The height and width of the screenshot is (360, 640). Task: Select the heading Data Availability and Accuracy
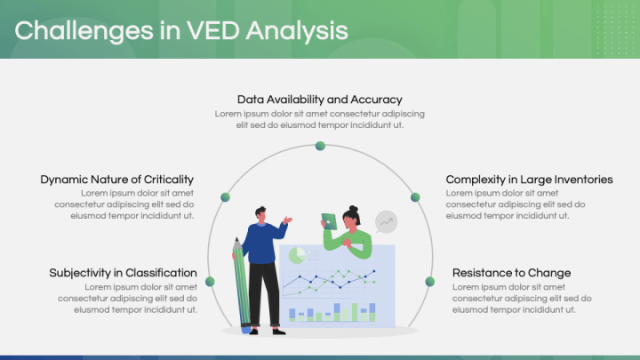coord(320,100)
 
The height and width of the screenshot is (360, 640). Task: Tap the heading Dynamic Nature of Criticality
coord(116,180)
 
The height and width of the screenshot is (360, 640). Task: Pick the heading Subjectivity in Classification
coord(123,273)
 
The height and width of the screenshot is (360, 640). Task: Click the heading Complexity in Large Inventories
coord(529,180)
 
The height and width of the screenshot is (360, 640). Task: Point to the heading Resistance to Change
coord(511,273)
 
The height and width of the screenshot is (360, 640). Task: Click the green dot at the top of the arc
coord(320,146)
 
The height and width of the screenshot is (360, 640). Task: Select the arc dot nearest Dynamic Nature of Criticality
coord(225,196)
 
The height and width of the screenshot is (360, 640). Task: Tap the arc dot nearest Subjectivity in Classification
coord(211,282)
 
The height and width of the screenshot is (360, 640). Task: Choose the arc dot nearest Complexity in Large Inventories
coord(414,196)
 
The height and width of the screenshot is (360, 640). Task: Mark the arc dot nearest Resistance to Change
coord(429,282)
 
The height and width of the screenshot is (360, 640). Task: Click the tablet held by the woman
coord(329,221)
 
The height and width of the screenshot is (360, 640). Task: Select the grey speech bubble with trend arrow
coord(386,221)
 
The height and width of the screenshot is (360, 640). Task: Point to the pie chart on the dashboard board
coord(297,256)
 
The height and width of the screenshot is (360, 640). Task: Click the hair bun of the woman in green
coord(354,208)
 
